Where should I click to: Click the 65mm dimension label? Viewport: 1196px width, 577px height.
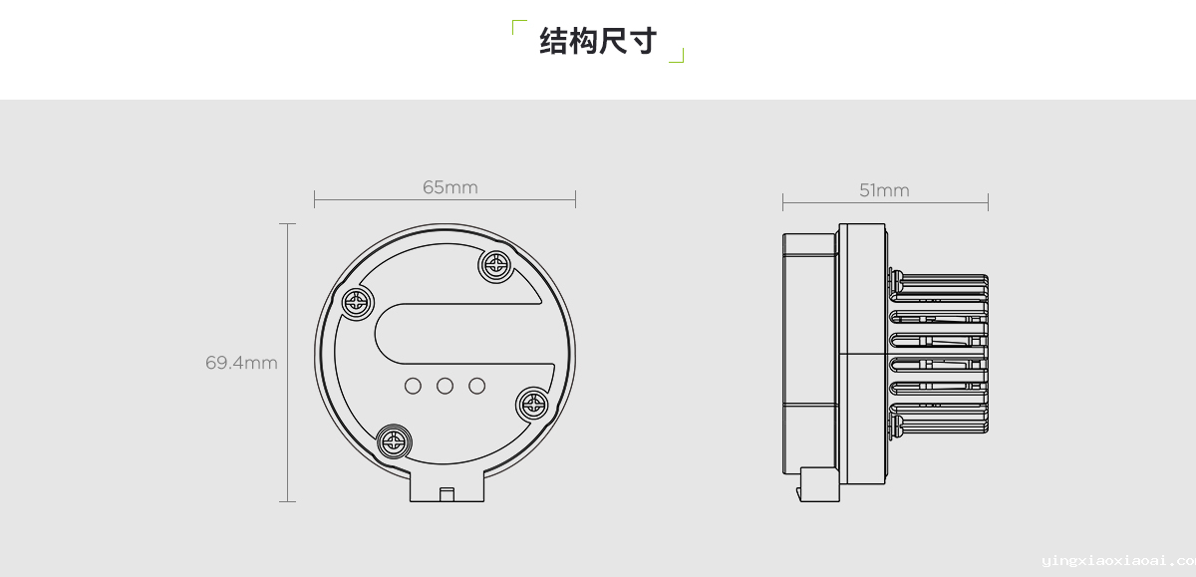click(450, 187)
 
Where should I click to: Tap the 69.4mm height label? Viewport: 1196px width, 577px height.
click(241, 363)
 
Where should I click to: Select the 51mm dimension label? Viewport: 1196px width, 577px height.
click(884, 190)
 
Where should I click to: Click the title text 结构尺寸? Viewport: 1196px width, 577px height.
click(598, 41)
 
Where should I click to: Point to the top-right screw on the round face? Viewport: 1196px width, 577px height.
click(495, 265)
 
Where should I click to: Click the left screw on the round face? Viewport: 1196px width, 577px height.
click(357, 304)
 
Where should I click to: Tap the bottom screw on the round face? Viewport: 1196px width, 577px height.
click(394, 441)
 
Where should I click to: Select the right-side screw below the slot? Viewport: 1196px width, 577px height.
click(532, 404)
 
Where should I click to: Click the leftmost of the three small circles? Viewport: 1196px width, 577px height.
click(413, 386)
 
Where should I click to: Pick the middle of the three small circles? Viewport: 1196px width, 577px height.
click(445, 386)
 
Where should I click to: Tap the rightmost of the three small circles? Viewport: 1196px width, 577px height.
click(476, 386)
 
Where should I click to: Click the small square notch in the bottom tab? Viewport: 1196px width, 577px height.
click(447, 495)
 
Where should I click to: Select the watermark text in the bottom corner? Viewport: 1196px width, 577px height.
click(1118, 561)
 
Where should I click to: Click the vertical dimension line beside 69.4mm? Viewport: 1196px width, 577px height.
click(287, 363)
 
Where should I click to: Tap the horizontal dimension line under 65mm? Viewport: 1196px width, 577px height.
click(445, 199)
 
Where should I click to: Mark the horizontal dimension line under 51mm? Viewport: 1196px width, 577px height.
click(885, 202)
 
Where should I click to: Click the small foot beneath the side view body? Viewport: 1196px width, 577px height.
click(818, 484)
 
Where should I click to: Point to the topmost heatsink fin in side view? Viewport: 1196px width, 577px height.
click(939, 278)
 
